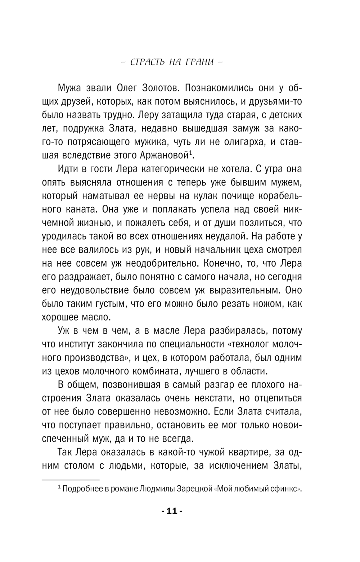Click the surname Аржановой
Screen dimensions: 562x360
pos(164,155)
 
